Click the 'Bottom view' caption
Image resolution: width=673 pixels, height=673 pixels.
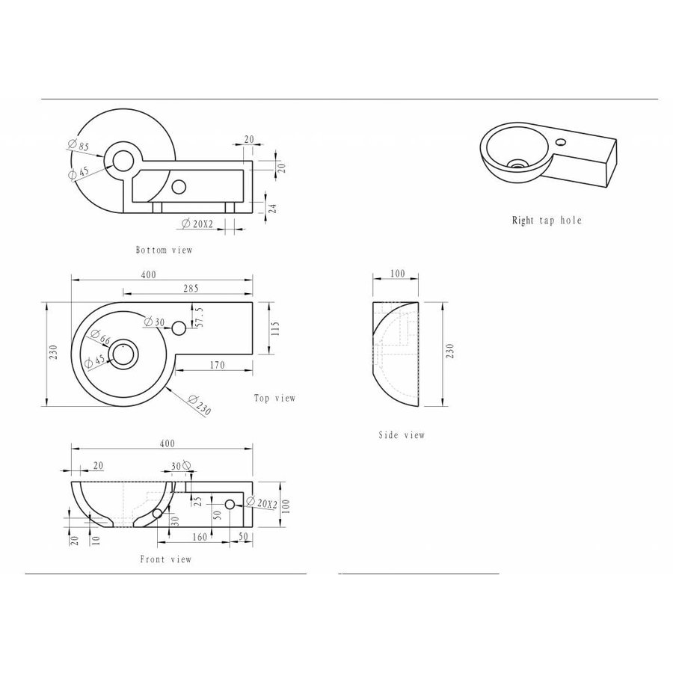(164, 250)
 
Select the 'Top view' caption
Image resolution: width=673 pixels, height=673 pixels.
(274, 399)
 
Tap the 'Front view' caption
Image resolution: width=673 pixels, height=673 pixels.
(165, 559)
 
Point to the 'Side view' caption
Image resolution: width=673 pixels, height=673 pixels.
(402, 435)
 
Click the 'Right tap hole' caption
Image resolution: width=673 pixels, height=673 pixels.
(546, 221)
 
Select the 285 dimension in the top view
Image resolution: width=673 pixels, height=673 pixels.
(189, 288)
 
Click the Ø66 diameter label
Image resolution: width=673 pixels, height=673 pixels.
(99, 338)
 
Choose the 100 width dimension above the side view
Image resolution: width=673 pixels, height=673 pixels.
(397, 274)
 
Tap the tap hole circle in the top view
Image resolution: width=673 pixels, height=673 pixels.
(179, 329)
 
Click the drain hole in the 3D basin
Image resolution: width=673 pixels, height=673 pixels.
(515, 162)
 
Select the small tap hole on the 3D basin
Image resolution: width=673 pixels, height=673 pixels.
(562, 141)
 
